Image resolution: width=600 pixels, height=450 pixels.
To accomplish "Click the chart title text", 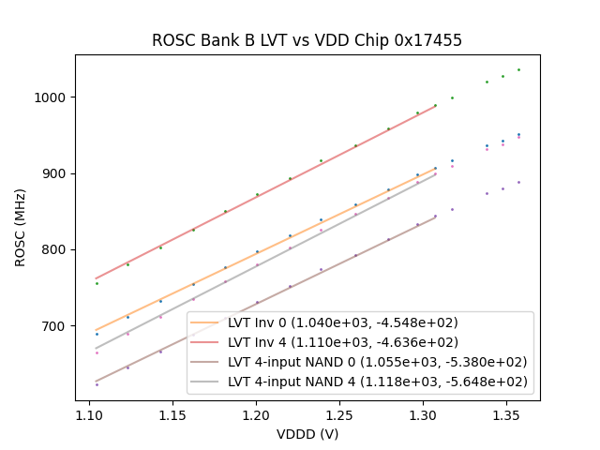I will click(x=307, y=41).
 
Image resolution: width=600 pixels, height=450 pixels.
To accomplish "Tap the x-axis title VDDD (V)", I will click(x=307, y=434).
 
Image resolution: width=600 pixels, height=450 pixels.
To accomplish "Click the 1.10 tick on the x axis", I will click(x=89, y=414).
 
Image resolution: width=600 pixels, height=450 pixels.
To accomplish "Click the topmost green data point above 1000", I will click(x=518, y=69).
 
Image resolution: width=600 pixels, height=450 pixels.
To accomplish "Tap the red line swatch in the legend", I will click(x=206, y=342).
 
